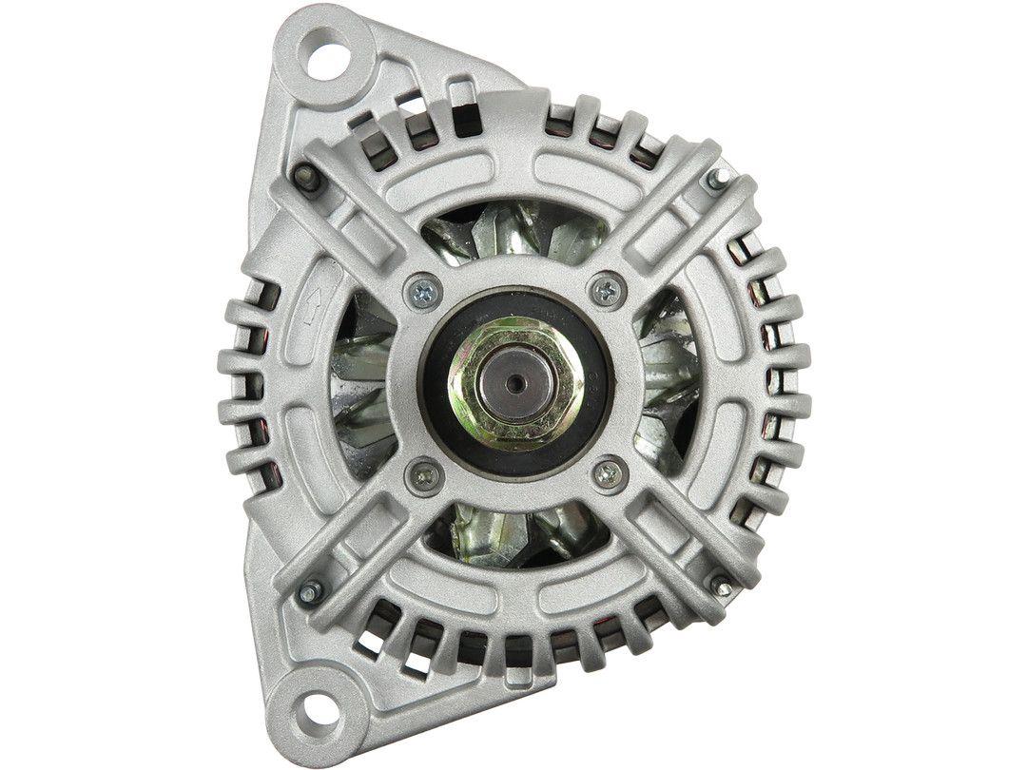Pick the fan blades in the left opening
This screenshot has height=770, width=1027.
tap(366, 380)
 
